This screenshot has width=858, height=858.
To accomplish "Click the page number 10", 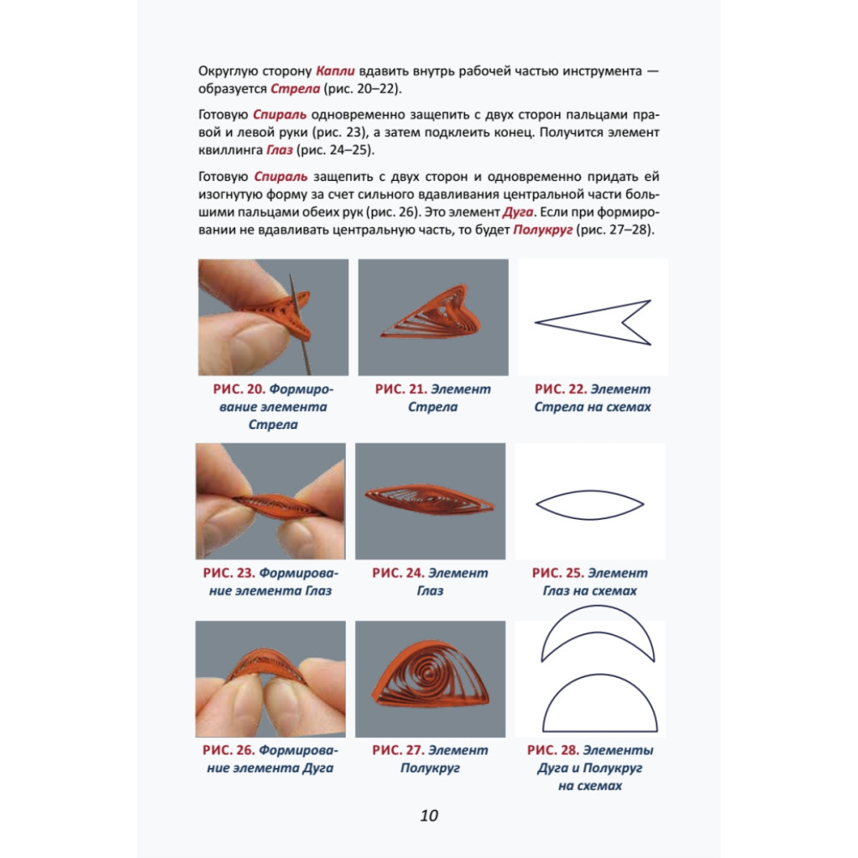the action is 429,815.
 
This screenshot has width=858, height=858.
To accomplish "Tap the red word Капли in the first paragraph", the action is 335,71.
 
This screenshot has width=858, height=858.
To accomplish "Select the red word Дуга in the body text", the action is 517,212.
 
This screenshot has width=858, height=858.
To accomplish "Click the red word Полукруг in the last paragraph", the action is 543,230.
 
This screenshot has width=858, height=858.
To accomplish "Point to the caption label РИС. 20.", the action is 239,389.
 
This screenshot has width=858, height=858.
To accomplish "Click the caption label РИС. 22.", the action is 560,389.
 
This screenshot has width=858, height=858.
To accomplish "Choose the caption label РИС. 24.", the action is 398,573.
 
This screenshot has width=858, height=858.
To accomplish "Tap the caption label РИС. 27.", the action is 398,750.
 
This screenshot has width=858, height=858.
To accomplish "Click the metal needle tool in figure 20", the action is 299,324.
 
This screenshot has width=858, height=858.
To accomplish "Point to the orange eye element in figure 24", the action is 430,499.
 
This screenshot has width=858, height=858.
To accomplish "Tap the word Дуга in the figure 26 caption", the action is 317,768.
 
